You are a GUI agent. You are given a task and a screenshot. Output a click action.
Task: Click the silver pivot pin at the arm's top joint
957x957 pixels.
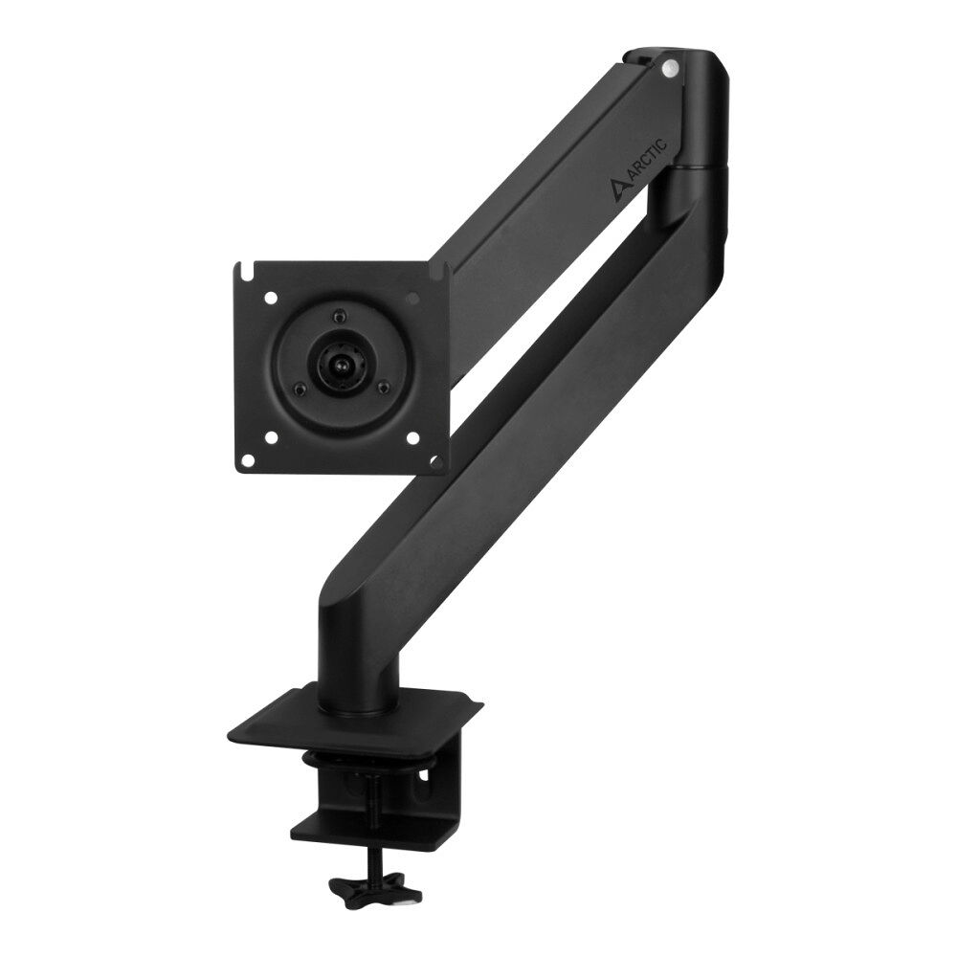[669, 68]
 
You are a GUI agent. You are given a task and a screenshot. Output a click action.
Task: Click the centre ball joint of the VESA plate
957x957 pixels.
[341, 365]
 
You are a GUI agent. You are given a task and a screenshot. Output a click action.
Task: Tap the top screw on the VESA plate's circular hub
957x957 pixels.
[336, 317]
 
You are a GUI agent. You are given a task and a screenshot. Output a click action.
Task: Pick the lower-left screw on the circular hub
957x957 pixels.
[300, 388]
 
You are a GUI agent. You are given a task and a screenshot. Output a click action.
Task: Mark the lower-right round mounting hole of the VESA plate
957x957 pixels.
[412, 438]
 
